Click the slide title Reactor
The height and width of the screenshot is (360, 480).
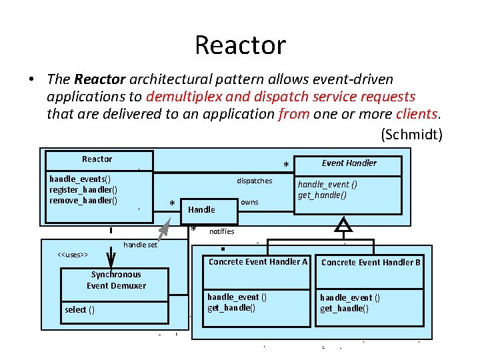[240, 45]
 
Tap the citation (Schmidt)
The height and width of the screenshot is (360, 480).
[411, 134]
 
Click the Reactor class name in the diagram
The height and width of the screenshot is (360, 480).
[97, 159]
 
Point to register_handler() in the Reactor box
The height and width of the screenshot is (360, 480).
[83, 189]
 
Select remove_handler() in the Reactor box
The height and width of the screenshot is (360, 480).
[83, 200]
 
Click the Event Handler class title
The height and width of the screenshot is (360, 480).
[349, 163]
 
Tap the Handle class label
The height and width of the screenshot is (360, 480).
[201, 209]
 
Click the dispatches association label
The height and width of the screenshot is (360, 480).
[254, 181]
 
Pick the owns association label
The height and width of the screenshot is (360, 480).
[249, 202]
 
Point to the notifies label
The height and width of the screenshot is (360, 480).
[221, 231]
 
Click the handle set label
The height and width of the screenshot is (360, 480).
[141, 245]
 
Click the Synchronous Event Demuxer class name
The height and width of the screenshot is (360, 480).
[116, 280]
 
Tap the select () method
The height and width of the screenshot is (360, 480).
[79, 309]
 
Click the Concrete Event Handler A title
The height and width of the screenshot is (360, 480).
[258, 262]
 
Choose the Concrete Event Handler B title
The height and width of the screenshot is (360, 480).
[371, 263]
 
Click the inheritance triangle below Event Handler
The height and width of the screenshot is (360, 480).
[343, 225]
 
